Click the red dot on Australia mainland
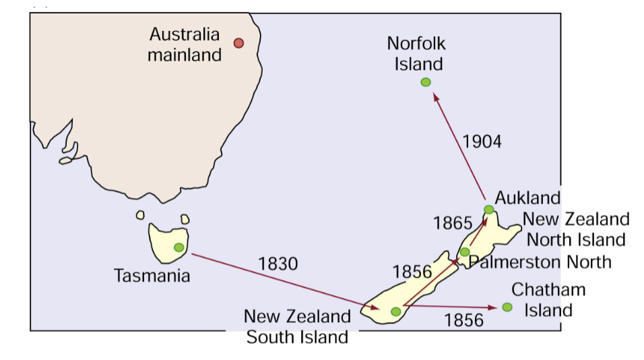tap(238, 43)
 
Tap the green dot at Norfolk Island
tap(425, 82)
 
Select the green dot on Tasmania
tap(179, 247)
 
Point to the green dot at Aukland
tap(489, 210)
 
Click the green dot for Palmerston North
tap(465, 252)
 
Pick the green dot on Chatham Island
tap(507, 307)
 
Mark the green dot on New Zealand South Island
tap(396, 311)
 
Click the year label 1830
tap(278, 264)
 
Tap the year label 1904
tap(482, 141)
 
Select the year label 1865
tap(453, 222)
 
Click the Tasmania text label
tap(152, 275)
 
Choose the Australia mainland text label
tap(185, 44)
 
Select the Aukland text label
tap(527, 198)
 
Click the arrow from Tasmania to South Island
tap(283, 282)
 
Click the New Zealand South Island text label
tap(297, 326)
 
